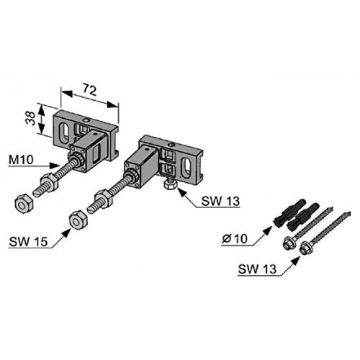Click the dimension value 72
90,89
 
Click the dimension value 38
31,118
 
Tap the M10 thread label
21,160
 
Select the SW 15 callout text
28,242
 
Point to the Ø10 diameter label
235,239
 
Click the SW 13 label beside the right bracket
220,201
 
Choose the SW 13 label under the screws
257,269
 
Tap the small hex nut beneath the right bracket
171,185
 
